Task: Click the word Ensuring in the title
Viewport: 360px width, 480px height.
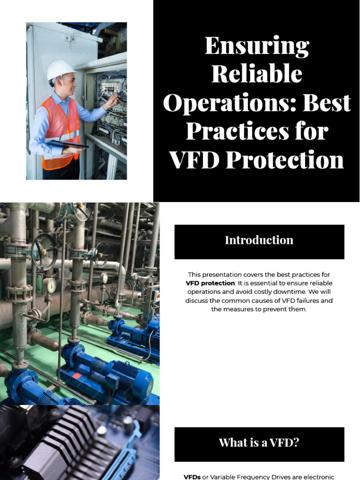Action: click(x=256, y=46)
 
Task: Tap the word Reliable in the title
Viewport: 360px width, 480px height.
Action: click(x=256, y=75)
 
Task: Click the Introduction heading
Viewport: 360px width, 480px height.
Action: click(x=259, y=240)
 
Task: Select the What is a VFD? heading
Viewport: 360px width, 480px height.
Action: click(x=259, y=443)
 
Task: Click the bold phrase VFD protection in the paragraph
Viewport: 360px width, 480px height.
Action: click(x=210, y=283)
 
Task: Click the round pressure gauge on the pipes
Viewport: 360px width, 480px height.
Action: click(x=49, y=285)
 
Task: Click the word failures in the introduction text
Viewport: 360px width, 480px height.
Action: click(x=296, y=301)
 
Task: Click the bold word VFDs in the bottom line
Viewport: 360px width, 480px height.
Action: click(x=192, y=477)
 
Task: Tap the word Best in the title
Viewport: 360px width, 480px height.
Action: click(x=327, y=103)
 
